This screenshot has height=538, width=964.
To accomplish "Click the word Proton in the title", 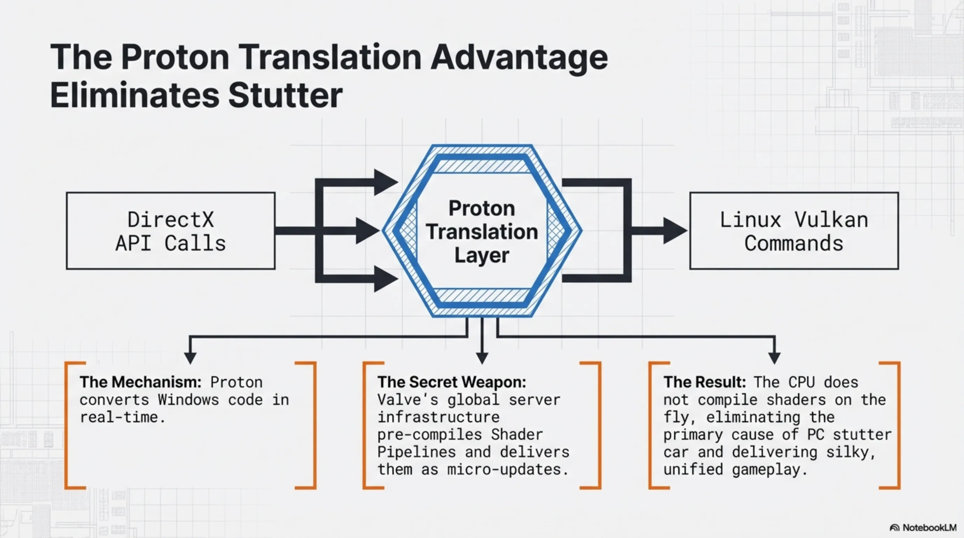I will [175, 57].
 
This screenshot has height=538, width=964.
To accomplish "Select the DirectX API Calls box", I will [171, 231].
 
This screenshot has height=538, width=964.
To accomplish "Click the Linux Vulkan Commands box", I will [794, 231].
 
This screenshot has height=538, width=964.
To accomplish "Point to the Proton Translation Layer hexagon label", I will [482, 232].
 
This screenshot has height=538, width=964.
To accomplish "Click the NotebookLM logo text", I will [929, 527].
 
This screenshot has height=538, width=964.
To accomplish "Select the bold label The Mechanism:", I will [140, 382].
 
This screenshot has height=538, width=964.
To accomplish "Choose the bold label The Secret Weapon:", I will [452, 382].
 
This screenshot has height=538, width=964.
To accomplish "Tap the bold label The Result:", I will [704, 382].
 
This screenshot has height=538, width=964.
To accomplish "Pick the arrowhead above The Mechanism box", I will [191, 357].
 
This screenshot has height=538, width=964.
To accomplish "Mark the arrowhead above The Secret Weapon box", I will [482, 357].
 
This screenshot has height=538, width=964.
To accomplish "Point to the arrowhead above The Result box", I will [774, 357].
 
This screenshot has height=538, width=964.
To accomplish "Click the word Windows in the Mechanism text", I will [188, 400].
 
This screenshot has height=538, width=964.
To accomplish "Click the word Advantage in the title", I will [519, 57].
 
